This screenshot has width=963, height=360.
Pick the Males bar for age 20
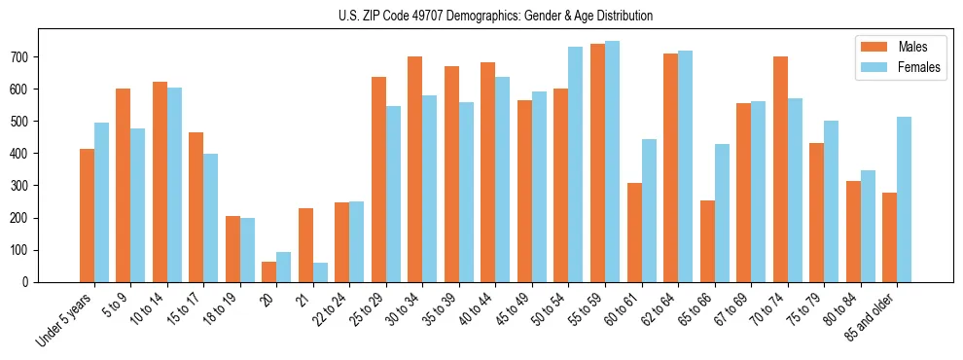point(268,271)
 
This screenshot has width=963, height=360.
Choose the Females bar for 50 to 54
point(576,164)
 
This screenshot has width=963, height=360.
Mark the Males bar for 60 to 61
point(634,233)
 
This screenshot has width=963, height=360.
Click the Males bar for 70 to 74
point(780,169)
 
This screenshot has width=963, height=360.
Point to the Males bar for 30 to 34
point(415,169)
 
